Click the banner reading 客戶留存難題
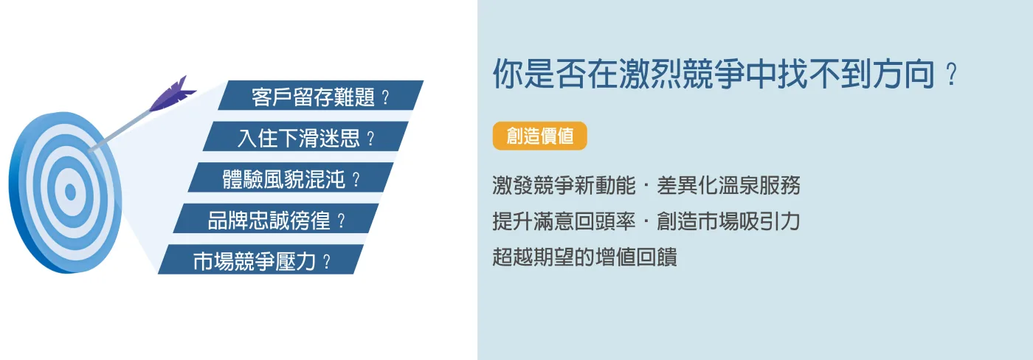pyautogui.click(x=320, y=95)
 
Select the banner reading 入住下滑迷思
pyautogui.click(x=305, y=136)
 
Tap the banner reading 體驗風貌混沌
pyautogui.click(x=291, y=178)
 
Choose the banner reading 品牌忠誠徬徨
pyautogui.click(x=276, y=218)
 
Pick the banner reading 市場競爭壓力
pyautogui.click(x=261, y=260)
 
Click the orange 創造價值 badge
pyautogui.click(x=539, y=136)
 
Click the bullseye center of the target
pyautogui.click(x=70, y=192)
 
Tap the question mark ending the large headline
pyautogui.click(x=951, y=75)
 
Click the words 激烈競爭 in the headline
pyautogui.click(x=680, y=74)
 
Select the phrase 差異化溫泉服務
pyautogui.click(x=729, y=185)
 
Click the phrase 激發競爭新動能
pyautogui.click(x=564, y=185)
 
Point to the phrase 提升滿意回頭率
pyautogui.click(x=564, y=221)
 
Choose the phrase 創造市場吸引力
pyautogui.click(x=729, y=221)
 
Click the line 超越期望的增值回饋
pyautogui.click(x=584, y=257)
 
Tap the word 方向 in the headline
pyautogui.click(x=903, y=74)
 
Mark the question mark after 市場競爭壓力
pyautogui.click(x=327, y=261)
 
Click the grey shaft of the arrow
pyautogui.click(x=122, y=130)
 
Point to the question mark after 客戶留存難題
pyautogui.click(x=385, y=97)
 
